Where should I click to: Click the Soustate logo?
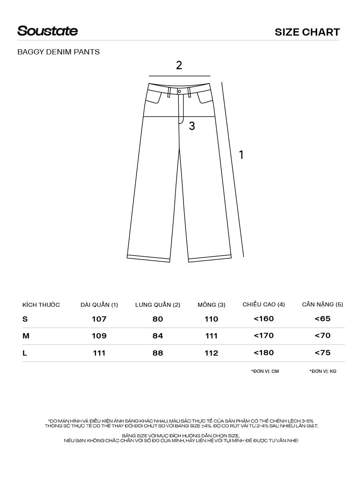coord(48,31)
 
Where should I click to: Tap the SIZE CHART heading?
coord(307,32)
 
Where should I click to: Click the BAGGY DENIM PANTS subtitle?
coord(58,52)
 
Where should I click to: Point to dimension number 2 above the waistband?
coord(179,65)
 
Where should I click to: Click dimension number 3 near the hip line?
coord(192,126)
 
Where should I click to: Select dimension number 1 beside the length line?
coord(241,155)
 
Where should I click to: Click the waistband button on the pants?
coord(179,91)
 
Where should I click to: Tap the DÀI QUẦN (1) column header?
coord(99,305)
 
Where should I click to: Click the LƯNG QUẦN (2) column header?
coord(158,305)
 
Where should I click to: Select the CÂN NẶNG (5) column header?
coord(322,304)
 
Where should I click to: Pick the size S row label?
coord(25,319)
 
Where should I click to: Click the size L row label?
coord(25,353)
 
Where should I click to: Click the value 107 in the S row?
coord(99,319)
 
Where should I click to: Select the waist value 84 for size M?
coord(158,336)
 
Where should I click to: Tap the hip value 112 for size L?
coord(211,353)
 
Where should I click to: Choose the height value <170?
coord(264,336)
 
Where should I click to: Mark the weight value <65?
coord(322,319)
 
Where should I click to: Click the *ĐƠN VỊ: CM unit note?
coord(265,371)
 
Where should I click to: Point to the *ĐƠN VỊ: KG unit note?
coord(323,371)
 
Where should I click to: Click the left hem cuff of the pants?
coord(148,258)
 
